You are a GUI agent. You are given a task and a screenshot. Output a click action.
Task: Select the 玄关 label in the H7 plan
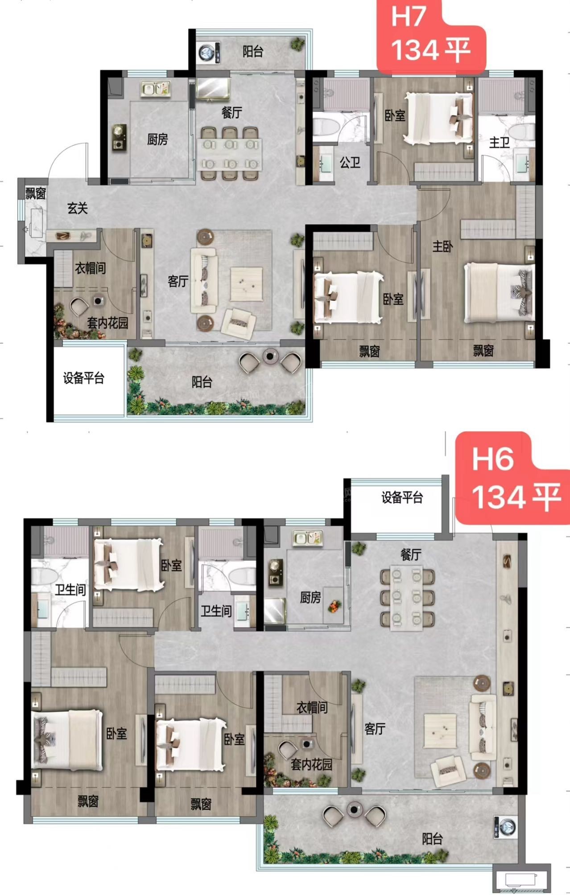click(78, 208)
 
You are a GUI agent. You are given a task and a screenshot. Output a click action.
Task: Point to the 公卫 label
click(350, 162)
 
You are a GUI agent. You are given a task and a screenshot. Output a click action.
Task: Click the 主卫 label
click(499, 143)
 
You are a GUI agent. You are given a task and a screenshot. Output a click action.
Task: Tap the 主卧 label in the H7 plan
click(442, 246)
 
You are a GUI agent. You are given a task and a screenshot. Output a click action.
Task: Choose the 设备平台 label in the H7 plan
click(83, 378)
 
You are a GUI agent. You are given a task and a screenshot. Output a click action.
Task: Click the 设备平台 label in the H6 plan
click(402, 497)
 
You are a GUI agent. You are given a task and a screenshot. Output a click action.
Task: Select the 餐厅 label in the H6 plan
click(411, 555)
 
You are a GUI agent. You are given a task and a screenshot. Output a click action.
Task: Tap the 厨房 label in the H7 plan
click(157, 140)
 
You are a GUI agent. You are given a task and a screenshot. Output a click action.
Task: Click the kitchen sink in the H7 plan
click(156, 89)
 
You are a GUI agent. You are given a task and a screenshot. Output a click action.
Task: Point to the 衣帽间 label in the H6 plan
click(312, 707)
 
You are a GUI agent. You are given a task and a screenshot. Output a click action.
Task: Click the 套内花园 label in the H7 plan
click(107, 323)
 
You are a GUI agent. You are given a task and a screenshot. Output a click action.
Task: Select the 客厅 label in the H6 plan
click(375, 729)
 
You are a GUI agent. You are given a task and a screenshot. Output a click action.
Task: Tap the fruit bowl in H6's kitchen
click(335, 606)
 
